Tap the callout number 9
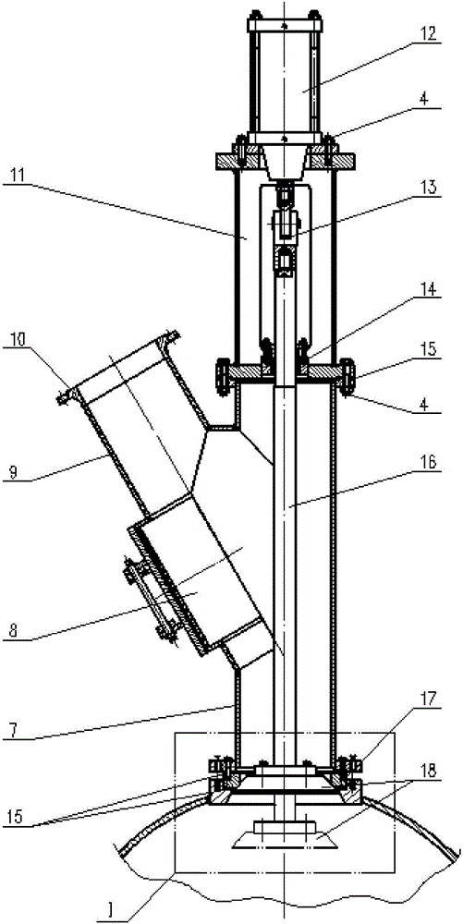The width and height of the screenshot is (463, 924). [x=11, y=472]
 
